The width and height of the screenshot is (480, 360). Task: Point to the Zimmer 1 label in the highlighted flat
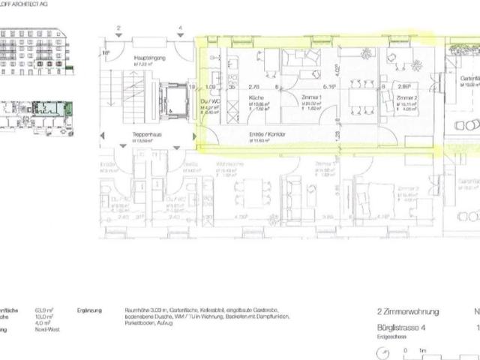click(x=310, y=98)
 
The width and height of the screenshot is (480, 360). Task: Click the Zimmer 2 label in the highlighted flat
click(x=406, y=98)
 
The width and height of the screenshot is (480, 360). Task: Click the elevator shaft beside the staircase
click(x=172, y=101)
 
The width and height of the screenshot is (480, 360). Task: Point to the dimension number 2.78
click(x=253, y=87)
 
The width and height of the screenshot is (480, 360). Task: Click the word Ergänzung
click(x=90, y=310)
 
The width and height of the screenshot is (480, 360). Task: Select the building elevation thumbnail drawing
click(x=34, y=51)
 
